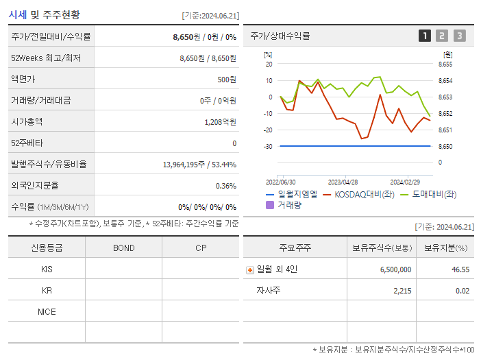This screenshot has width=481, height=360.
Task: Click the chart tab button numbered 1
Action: tap(425, 36)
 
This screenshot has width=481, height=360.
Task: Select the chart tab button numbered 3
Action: tap(459, 36)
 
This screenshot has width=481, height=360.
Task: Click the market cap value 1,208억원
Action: tap(220, 122)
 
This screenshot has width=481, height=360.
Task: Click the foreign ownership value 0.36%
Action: tap(225, 186)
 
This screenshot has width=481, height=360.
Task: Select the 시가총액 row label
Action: tap(26, 121)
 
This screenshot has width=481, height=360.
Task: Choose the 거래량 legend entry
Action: tap(284, 205)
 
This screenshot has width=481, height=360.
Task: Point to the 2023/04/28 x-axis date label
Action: tap(343, 182)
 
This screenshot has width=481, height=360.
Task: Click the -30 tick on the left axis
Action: tap(269, 147)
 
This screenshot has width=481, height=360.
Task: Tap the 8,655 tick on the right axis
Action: tap(445, 64)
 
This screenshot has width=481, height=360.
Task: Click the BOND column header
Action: tap(123, 248)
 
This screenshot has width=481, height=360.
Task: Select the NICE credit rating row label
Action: tap(47, 312)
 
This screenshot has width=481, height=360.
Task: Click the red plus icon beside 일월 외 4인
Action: tap(250, 270)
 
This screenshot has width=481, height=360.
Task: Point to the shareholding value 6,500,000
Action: tap(395, 270)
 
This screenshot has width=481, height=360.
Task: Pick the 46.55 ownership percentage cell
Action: tap(460, 270)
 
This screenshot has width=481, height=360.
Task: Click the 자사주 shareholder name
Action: tap(269, 291)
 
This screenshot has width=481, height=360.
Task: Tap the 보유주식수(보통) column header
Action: tap(382, 248)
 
